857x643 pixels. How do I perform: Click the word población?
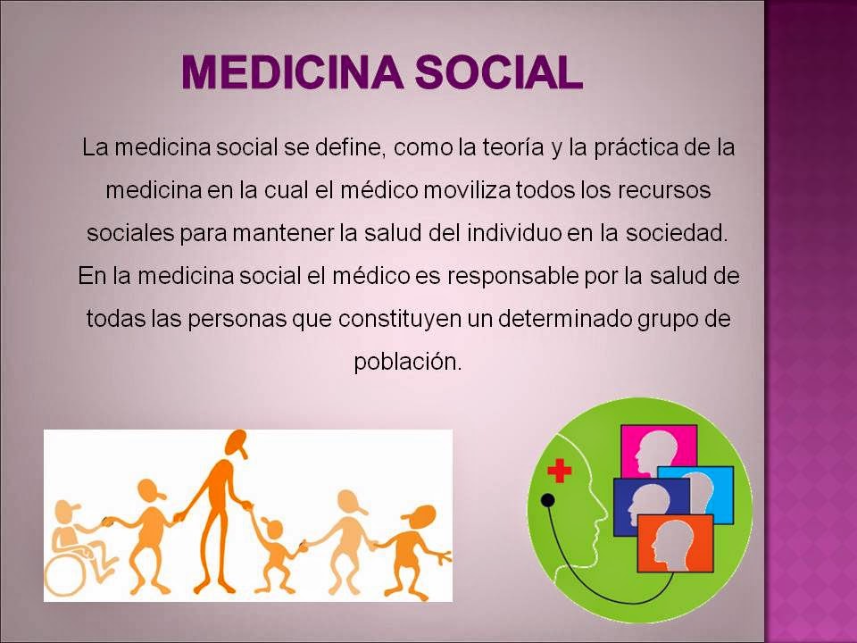click(408, 362)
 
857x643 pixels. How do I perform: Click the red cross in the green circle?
click(560, 471)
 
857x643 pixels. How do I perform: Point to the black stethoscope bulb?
click(548, 500)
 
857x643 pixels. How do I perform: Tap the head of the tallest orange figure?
click(237, 441)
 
